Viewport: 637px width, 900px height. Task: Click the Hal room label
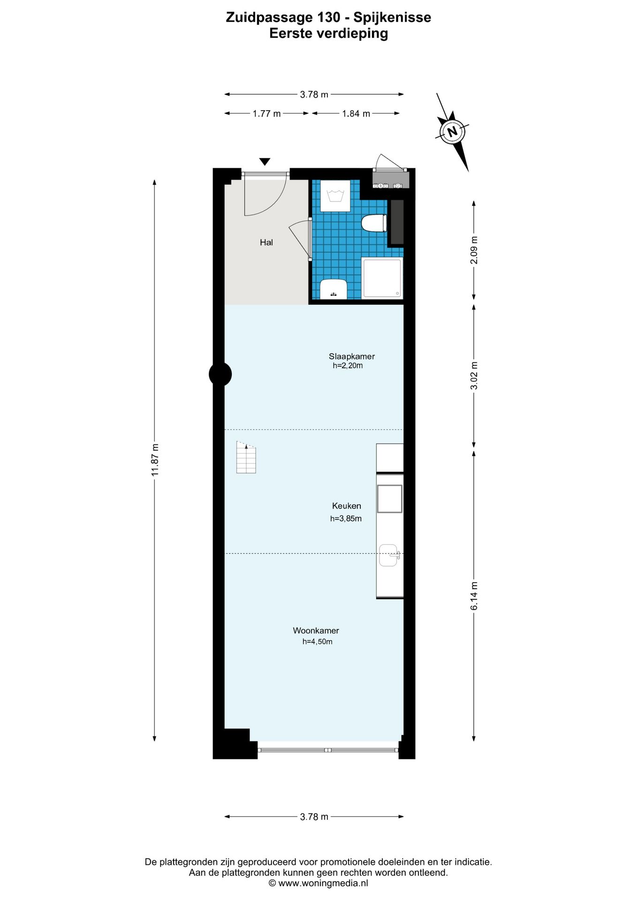click(x=266, y=242)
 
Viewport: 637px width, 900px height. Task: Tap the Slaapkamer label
click(x=351, y=356)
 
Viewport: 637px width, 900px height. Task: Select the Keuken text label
click(x=346, y=506)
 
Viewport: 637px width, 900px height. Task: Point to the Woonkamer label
click(x=316, y=630)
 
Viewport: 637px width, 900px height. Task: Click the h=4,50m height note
click(x=317, y=642)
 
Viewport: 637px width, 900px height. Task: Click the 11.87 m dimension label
click(x=155, y=460)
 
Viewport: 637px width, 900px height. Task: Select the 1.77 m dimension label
click(x=266, y=113)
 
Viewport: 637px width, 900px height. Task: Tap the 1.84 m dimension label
click(x=356, y=113)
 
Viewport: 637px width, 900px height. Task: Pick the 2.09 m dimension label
click(x=474, y=255)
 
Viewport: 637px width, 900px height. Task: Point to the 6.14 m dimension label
click(x=474, y=596)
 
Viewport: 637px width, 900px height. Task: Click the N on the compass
click(x=452, y=131)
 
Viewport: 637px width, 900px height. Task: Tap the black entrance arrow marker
click(x=265, y=162)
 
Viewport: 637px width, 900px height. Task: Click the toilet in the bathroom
click(x=374, y=223)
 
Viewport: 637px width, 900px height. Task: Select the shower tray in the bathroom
click(x=382, y=278)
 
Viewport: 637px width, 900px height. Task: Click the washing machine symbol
click(x=335, y=196)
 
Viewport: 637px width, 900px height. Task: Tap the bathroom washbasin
click(x=333, y=289)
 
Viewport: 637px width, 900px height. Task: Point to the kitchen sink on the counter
click(x=388, y=555)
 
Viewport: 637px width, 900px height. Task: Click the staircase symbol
click(x=246, y=458)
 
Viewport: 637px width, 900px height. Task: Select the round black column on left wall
click(x=220, y=374)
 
